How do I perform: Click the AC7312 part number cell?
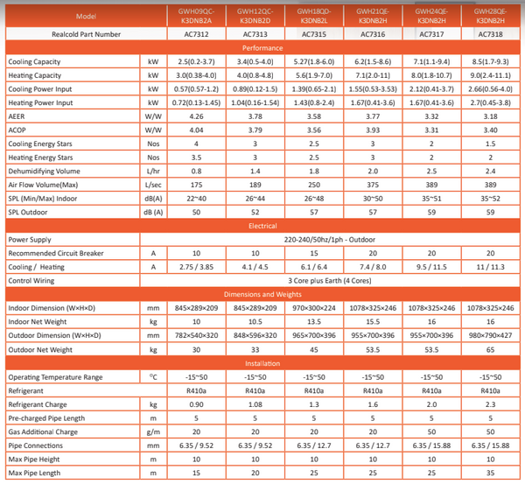[197, 34]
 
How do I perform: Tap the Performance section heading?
[262, 49]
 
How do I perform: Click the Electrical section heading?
[262, 225]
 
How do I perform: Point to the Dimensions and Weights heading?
[262, 294]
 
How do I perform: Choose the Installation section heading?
[262, 363]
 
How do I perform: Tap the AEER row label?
[17, 116]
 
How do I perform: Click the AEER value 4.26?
[197, 116]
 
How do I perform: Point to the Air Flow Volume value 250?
[312, 185]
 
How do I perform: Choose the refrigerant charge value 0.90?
[197, 404]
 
